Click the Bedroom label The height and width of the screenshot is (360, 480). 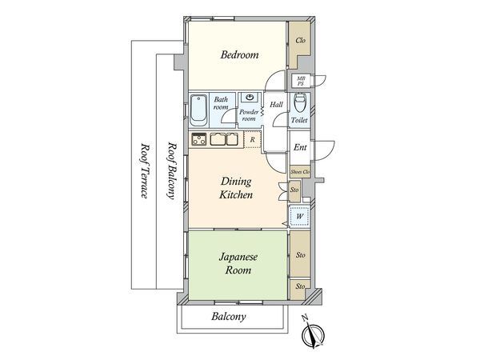click(x=239, y=54)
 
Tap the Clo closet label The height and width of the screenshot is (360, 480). click(x=300, y=40)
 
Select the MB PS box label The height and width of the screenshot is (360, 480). click(x=301, y=81)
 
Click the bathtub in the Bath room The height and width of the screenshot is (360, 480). click(x=199, y=110)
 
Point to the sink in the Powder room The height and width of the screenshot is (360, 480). click(x=250, y=98)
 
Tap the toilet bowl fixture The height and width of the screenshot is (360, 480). click(x=299, y=103)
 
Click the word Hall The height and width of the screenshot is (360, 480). click(x=276, y=105)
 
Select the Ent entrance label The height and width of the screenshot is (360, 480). click(x=300, y=147)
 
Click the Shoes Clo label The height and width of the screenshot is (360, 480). click(x=300, y=172)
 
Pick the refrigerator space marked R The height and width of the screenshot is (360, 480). click(x=253, y=139)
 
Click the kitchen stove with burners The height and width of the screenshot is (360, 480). click(x=199, y=139)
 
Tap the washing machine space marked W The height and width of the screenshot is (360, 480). click(x=300, y=216)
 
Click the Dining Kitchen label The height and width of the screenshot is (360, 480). click(x=236, y=188)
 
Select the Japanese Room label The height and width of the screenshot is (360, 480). click(x=238, y=263)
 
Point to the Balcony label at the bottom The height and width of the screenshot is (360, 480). click(x=228, y=316)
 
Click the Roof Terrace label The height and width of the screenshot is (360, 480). click(x=144, y=170)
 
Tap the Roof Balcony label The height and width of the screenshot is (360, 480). click(x=172, y=170)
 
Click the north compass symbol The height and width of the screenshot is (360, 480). click(x=313, y=334)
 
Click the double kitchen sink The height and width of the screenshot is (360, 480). click(x=224, y=139)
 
